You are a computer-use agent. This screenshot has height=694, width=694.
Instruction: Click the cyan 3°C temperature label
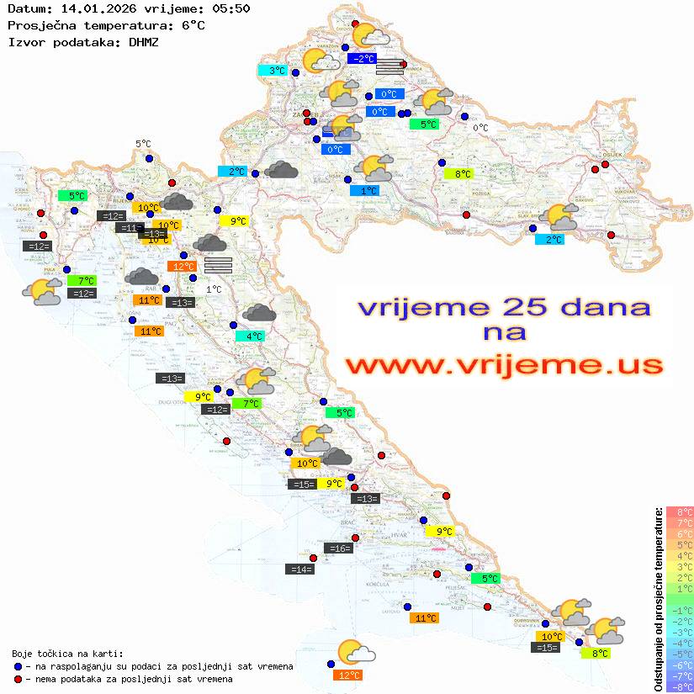pos(276,71)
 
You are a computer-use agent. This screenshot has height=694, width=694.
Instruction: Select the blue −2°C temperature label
pos(363,59)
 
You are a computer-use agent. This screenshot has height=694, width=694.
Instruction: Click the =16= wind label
pos(338,548)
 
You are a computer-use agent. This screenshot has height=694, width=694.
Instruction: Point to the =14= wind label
pos(300,570)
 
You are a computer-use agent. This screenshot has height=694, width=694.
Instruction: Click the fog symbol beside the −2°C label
pos(389,67)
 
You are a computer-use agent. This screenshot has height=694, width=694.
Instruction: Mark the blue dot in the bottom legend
pos(18,666)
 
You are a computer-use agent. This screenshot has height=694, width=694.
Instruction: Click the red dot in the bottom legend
pos(18,679)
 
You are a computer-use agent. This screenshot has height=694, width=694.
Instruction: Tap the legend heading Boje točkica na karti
pos(67,654)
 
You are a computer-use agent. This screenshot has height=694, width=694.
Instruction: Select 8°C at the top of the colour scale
pos(680,511)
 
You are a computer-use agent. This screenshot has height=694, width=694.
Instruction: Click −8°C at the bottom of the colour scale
pos(680,686)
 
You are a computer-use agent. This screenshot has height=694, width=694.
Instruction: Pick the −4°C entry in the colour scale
pos(680,643)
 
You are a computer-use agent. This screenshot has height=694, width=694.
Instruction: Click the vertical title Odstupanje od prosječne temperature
pos(658,598)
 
